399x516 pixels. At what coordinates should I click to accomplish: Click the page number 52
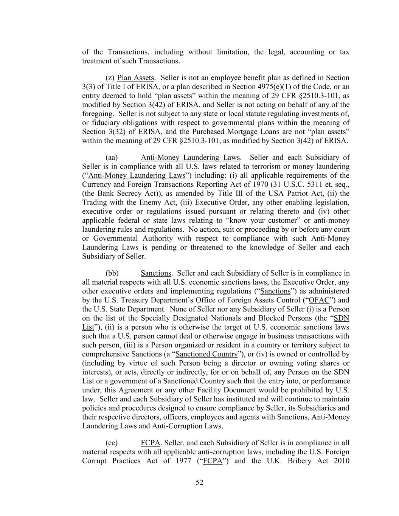[x=199, y=482]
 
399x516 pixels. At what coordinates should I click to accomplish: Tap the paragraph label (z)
[x=110, y=77]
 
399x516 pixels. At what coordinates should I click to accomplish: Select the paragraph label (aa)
[x=112, y=157]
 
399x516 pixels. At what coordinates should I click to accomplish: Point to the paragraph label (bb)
[x=112, y=273]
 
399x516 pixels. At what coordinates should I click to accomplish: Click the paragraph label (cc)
[x=112, y=443]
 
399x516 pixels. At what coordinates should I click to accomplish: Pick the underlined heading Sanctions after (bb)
[x=156, y=273]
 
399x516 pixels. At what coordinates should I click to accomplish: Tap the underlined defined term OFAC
[x=319, y=300]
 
